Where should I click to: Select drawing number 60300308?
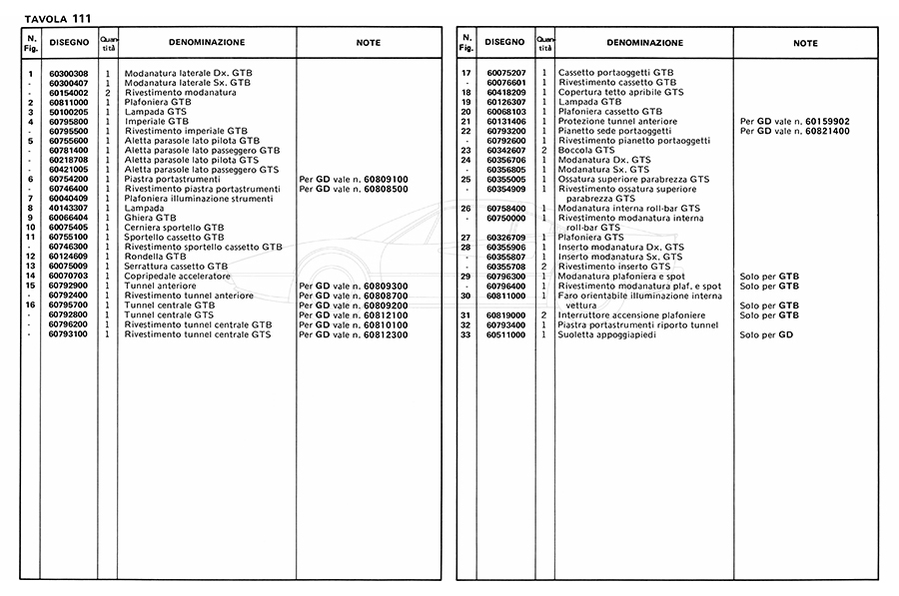[x=68, y=75]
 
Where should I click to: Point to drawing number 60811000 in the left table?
[x=68, y=103]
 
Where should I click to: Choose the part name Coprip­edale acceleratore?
[x=177, y=275]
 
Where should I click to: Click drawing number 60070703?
[x=68, y=275]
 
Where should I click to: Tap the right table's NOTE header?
[x=805, y=44]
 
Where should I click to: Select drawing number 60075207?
[x=505, y=75]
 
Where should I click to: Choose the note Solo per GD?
[x=766, y=333]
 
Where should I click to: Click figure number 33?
[x=465, y=333]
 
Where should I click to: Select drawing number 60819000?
[x=505, y=314]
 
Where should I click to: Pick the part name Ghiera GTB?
[x=151, y=217]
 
